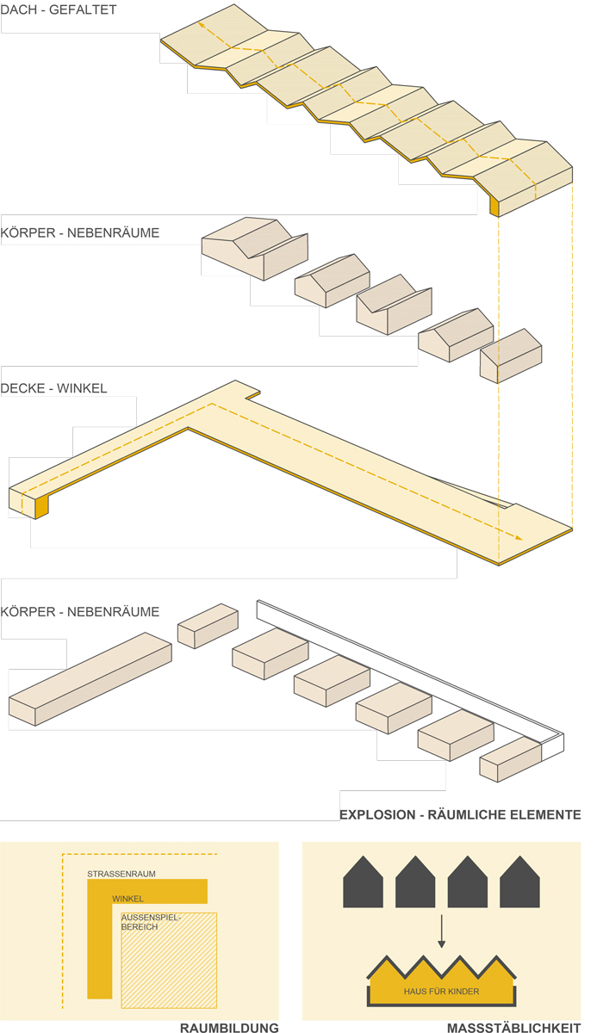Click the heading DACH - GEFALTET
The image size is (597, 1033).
(x=59, y=10)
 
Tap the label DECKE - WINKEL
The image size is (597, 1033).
(x=54, y=388)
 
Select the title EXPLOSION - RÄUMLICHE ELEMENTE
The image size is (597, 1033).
(x=460, y=814)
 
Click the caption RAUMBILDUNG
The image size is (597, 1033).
(x=229, y=1027)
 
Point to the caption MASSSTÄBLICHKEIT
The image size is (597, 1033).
(x=513, y=1027)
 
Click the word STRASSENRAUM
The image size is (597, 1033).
(x=121, y=874)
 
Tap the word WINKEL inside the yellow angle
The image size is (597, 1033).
(x=127, y=899)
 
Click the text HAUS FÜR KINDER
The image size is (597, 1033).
(x=441, y=991)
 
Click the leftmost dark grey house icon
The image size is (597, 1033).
(x=363, y=881)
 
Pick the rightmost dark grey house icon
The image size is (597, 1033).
(x=519, y=881)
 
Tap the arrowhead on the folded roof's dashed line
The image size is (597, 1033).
(x=202, y=26)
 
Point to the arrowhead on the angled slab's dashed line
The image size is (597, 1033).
(x=519, y=538)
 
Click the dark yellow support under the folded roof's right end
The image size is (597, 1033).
(x=494, y=207)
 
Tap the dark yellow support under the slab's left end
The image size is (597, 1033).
(x=41, y=507)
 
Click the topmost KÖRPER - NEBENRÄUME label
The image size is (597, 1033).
(x=80, y=232)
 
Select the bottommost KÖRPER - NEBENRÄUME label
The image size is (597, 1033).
(x=80, y=612)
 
